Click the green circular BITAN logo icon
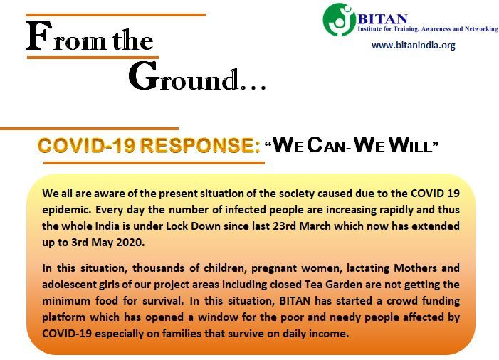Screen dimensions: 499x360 coord(339,19)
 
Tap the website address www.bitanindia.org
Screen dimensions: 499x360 coord(414,45)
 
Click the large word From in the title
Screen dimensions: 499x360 coord(66,36)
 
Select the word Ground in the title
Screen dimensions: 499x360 coord(184,76)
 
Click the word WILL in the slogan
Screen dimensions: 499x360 coord(411,145)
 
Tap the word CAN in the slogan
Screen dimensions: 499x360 coord(327,145)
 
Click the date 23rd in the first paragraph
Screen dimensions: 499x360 coord(285,226)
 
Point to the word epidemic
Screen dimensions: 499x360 coord(66,210)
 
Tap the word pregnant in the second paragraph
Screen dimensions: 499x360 coord(273,268)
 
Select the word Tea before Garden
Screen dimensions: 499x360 coord(313,284)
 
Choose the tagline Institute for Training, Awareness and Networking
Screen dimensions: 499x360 coord(428,28)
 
